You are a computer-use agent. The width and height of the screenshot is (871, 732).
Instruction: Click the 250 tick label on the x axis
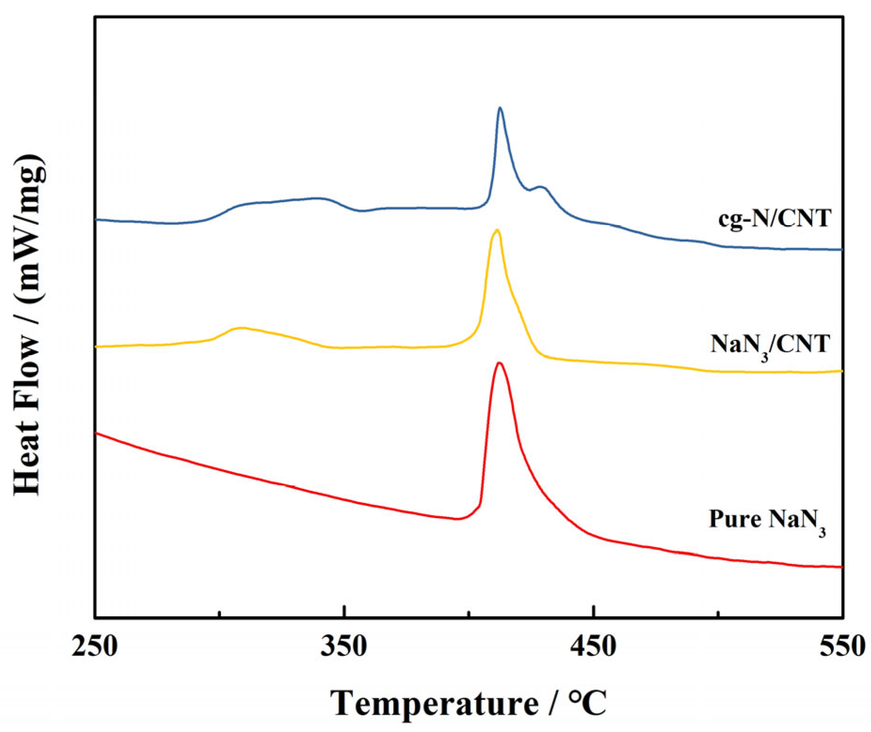pyautogui.click(x=94, y=646)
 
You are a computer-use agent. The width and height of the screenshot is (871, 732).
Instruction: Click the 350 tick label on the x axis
pyautogui.click(x=344, y=646)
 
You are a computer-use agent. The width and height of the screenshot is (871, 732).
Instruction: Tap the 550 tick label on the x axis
pyautogui.click(x=842, y=646)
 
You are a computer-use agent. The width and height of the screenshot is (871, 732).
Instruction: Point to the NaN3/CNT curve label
pyautogui.click(x=770, y=346)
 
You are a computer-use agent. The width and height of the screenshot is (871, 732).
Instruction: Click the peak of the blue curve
pyautogui.click(x=499, y=108)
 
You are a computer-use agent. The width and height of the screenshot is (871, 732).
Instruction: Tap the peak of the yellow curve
pyautogui.click(x=496, y=230)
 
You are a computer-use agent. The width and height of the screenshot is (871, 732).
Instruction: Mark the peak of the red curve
pyautogui.click(x=499, y=363)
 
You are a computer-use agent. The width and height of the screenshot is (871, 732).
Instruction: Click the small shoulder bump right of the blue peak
pyautogui.click(x=542, y=187)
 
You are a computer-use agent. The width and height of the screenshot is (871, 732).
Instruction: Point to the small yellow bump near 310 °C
pyautogui.click(x=241, y=328)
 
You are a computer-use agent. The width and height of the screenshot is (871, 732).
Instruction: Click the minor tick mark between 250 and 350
pyautogui.click(x=219, y=614)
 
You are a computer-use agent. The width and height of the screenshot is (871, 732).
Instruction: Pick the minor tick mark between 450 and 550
pyautogui.click(x=718, y=614)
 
